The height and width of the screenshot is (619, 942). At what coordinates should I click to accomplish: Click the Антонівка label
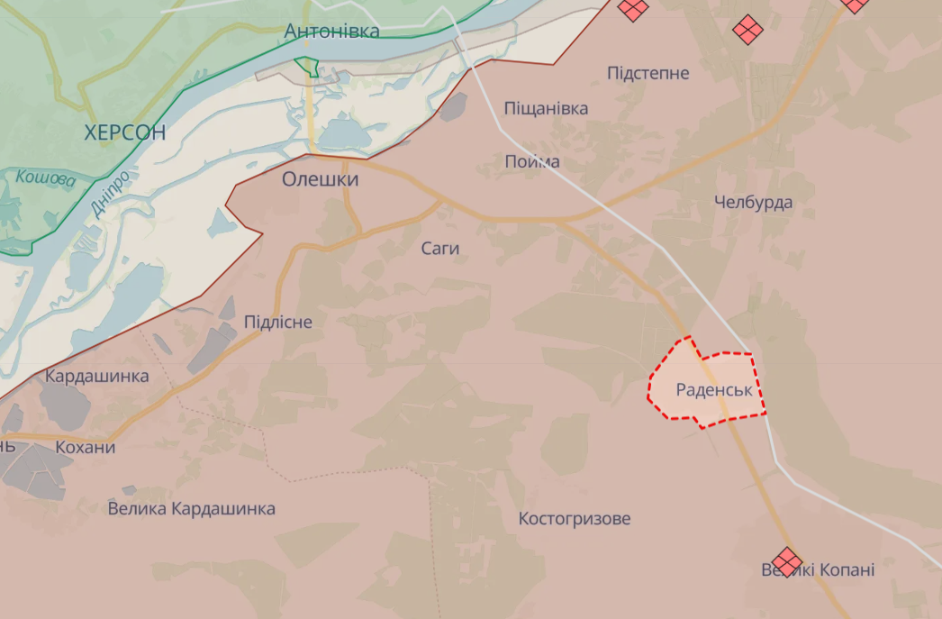tap(331, 31)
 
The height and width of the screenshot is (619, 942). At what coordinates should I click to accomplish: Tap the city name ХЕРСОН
tap(125, 132)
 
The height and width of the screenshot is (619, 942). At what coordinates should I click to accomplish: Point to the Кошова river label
tap(46, 178)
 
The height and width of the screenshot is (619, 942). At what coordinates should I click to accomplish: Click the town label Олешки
tap(320, 179)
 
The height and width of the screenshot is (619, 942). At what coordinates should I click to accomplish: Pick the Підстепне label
tap(648, 73)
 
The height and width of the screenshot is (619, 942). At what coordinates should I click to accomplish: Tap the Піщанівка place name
tap(546, 109)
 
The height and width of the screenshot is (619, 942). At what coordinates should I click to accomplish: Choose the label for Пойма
tap(532, 162)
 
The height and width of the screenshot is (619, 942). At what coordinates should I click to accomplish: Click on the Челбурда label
tap(753, 202)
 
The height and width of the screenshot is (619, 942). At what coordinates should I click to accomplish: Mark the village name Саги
tap(440, 248)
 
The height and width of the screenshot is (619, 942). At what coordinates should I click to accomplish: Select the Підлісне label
tap(278, 322)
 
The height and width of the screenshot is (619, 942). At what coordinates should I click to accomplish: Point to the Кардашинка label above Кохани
tap(96, 376)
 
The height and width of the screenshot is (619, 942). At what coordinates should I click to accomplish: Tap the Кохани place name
tap(85, 448)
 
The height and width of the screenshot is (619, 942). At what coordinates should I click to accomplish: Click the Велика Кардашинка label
tap(191, 509)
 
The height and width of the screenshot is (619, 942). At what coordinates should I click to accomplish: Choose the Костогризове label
tap(575, 519)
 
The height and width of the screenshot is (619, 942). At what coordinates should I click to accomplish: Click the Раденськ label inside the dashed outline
tap(714, 390)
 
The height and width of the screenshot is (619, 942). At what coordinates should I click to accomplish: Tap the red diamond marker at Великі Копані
tap(787, 560)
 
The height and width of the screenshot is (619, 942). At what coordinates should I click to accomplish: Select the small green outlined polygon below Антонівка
tap(307, 66)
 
